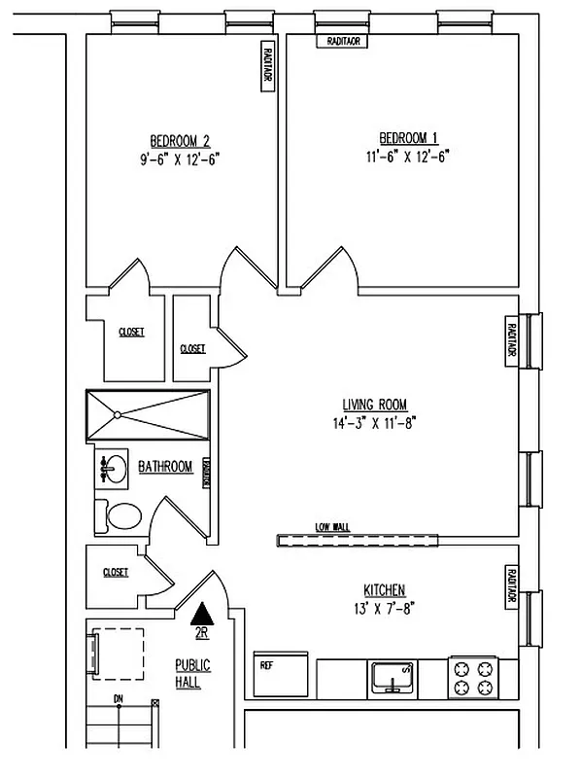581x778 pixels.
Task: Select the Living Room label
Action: (x=374, y=405)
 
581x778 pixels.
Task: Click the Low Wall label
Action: (x=332, y=527)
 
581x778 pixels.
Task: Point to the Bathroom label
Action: (x=165, y=467)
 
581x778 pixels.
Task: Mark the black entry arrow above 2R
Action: (x=202, y=614)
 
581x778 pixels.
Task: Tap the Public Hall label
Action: (x=192, y=674)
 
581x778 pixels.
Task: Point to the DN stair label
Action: (x=118, y=699)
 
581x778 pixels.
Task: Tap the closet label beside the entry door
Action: (x=116, y=573)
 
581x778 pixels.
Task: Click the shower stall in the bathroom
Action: (x=148, y=415)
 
